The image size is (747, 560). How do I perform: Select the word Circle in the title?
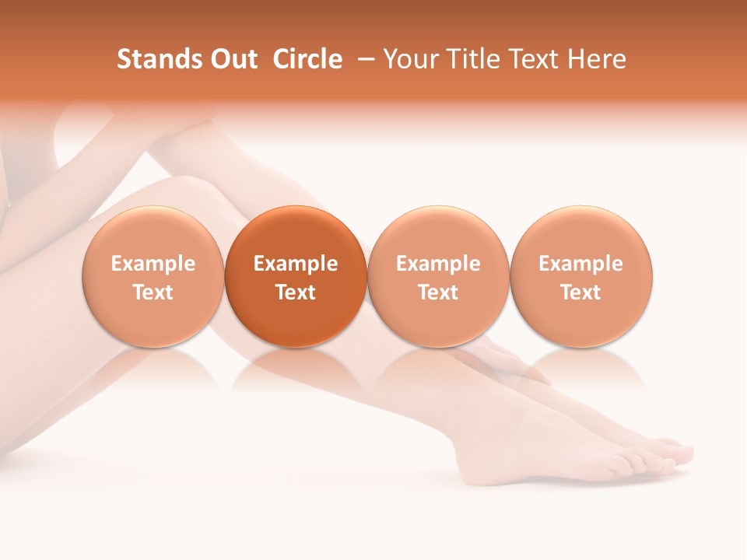[307, 59]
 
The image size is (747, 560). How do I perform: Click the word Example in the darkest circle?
[296, 264]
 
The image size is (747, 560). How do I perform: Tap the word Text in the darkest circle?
[296, 292]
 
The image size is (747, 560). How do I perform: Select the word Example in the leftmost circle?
[153, 264]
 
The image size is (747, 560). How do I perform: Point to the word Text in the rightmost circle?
[581, 292]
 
